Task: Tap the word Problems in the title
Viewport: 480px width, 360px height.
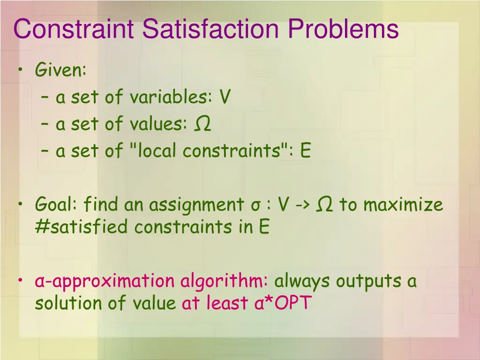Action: tap(344, 29)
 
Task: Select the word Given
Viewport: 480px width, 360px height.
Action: tap(60, 71)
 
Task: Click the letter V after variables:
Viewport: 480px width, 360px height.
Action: tap(225, 97)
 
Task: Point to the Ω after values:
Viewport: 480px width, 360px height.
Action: tap(202, 124)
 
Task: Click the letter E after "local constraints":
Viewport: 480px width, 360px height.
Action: tap(306, 151)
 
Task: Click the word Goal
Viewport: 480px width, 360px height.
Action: tap(57, 205)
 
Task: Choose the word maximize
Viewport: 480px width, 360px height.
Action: tap(403, 205)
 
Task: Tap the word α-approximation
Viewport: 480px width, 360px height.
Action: tap(105, 282)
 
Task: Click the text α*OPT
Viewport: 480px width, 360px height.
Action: tap(283, 303)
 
